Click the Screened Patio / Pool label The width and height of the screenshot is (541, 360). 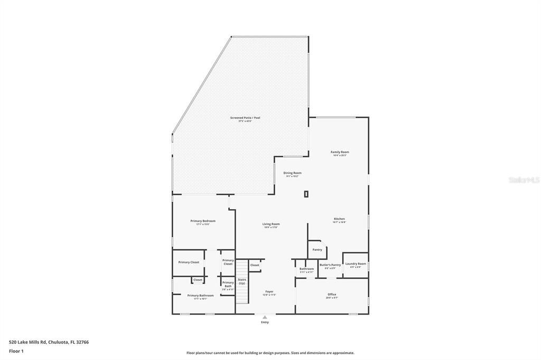pyautogui.click(x=245, y=118)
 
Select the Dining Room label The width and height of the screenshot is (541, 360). pyautogui.click(x=292, y=173)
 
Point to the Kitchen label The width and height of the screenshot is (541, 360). pyautogui.click(x=339, y=219)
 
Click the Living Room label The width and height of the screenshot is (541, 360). pyautogui.click(x=271, y=224)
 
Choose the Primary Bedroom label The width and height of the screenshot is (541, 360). pyautogui.click(x=203, y=221)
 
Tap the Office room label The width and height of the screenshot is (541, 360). pyautogui.click(x=332, y=295)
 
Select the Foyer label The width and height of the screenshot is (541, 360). pyautogui.click(x=269, y=291)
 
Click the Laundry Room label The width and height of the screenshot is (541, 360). pyautogui.click(x=356, y=264)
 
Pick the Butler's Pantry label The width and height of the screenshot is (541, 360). pyautogui.click(x=330, y=265)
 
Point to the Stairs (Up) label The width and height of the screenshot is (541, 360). pyautogui.click(x=242, y=281)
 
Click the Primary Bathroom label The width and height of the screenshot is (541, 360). pyautogui.click(x=200, y=296)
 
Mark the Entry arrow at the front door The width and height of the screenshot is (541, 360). pyautogui.click(x=265, y=317)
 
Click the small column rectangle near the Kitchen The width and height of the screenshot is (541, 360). pyautogui.click(x=306, y=194)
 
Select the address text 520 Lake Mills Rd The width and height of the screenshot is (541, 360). pyautogui.click(x=49, y=342)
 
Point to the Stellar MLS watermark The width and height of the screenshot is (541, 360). pyautogui.click(x=524, y=180)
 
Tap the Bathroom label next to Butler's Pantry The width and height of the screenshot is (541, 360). pyautogui.click(x=306, y=269)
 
